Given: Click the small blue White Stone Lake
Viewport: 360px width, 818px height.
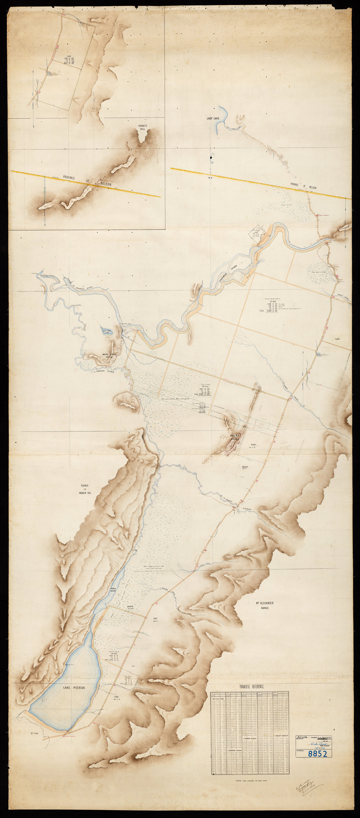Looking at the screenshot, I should pos(108,331).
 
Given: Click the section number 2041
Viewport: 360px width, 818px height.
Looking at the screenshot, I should pos(253,444).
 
